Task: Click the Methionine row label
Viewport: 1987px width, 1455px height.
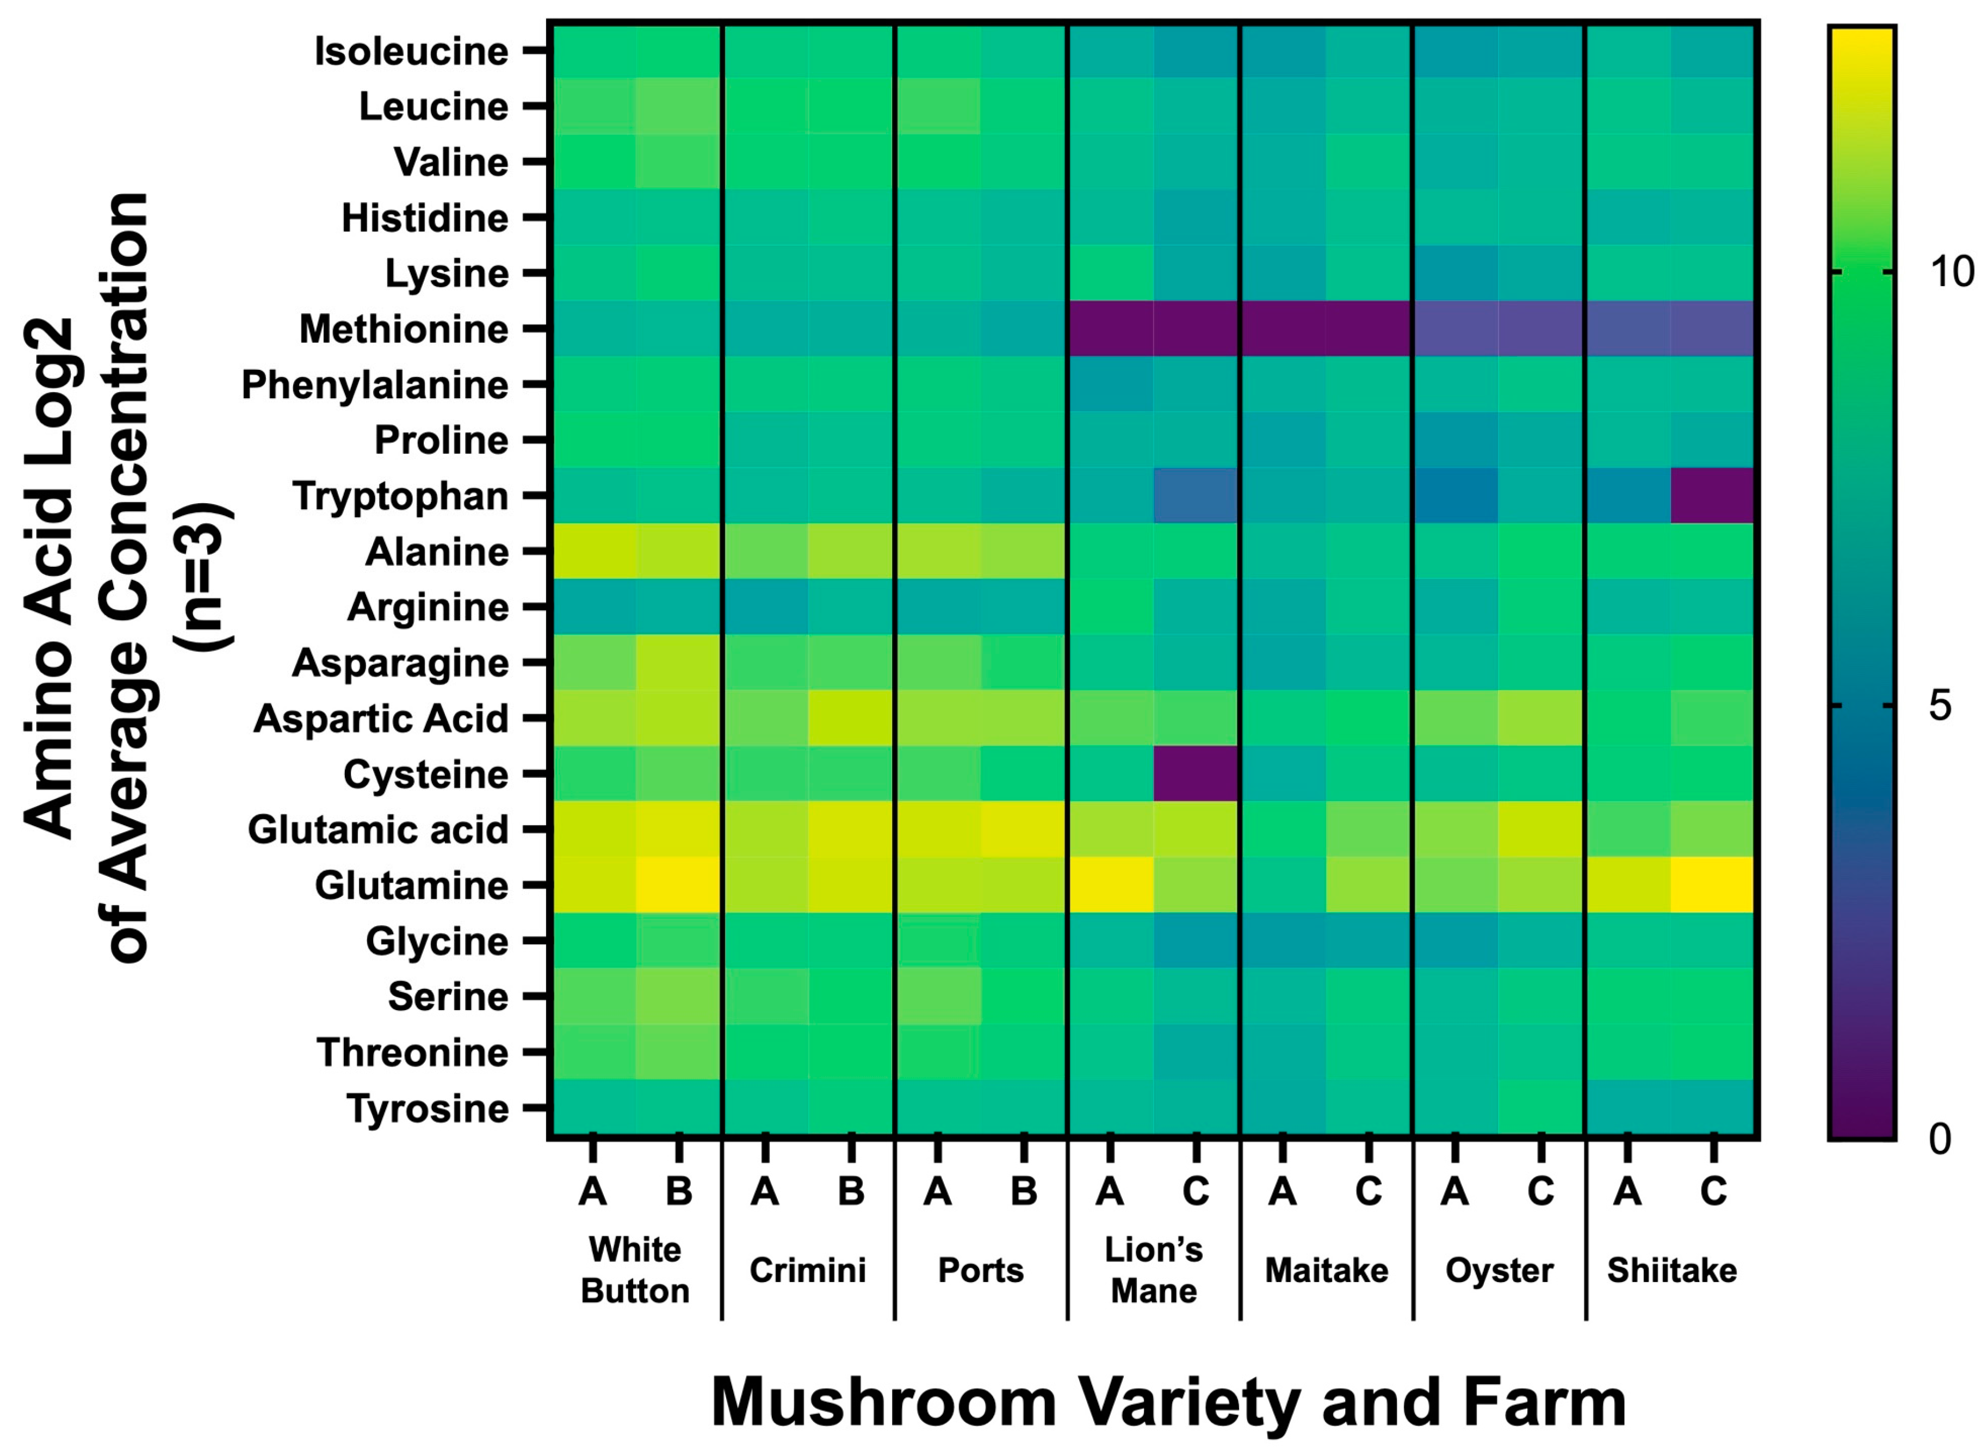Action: (404, 330)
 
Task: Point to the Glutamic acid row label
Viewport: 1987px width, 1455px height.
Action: (378, 829)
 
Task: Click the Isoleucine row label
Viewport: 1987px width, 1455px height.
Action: (411, 51)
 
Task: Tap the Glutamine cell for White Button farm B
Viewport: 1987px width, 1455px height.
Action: (678, 885)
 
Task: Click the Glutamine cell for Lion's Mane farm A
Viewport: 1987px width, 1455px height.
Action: (1110, 885)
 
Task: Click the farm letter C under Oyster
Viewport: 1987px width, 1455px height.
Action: (1540, 1192)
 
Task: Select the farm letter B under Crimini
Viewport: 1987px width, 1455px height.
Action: (851, 1192)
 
